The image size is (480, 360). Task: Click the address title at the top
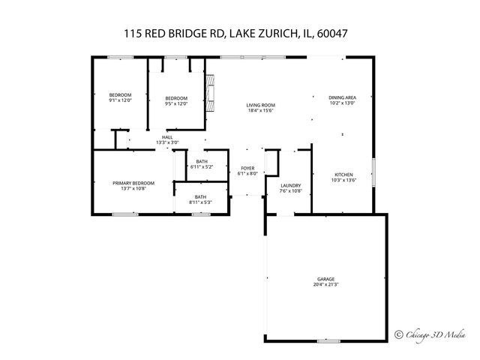(x=239, y=34)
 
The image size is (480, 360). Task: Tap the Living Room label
(x=262, y=105)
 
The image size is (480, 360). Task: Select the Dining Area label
(x=341, y=97)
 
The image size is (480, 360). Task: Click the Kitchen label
(x=343, y=175)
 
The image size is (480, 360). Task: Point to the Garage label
(x=325, y=279)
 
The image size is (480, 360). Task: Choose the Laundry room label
(x=290, y=185)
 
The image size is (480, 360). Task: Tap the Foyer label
(x=247, y=168)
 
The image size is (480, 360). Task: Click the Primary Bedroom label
(x=133, y=183)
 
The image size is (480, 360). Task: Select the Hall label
(x=167, y=137)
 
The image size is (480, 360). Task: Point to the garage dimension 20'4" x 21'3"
(x=325, y=285)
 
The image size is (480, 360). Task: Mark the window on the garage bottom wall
(x=328, y=340)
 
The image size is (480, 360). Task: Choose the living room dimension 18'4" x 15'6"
(x=262, y=111)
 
